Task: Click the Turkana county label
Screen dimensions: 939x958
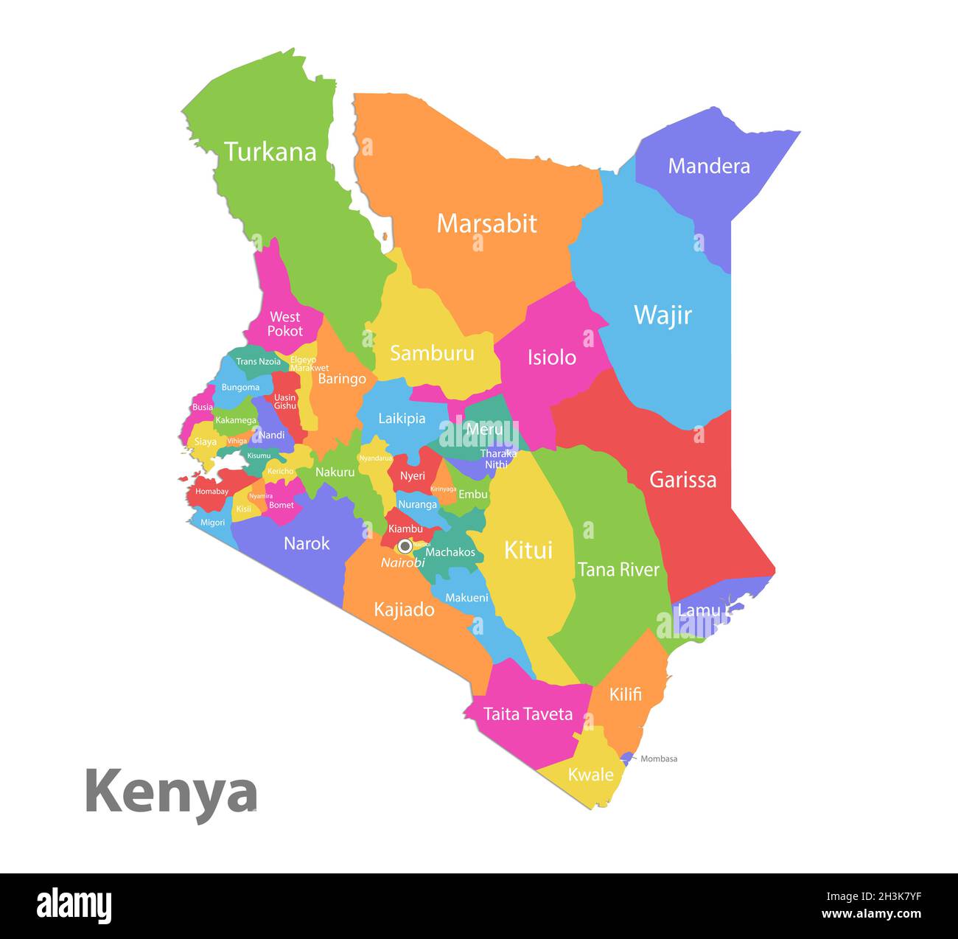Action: [270, 152]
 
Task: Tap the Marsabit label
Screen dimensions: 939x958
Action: [486, 223]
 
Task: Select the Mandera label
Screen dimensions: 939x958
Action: [708, 166]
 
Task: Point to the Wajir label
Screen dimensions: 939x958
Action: [662, 315]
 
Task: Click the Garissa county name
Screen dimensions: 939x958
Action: [682, 480]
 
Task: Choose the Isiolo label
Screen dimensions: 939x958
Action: [551, 357]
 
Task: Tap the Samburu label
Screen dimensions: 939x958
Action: [432, 353]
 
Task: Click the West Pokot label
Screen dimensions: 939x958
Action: [284, 324]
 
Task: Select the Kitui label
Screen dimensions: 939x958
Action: [528, 550]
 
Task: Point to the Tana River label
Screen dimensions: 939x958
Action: [618, 569]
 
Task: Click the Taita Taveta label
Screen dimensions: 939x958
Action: [528, 713]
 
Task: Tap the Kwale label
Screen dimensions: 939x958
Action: [590, 775]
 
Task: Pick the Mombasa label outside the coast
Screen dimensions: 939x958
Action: [659, 758]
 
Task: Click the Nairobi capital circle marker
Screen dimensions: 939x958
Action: [405, 546]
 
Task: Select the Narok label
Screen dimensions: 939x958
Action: [307, 543]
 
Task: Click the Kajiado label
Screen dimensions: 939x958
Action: [404, 610]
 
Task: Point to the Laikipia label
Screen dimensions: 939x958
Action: [402, 418]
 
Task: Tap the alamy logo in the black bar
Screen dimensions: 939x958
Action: [74, 905]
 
